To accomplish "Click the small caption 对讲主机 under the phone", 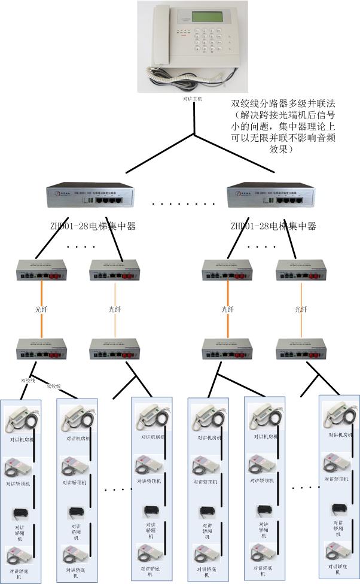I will (x=194, y=97).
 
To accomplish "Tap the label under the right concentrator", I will (x=273, y=226).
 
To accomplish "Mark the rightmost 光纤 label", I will (x=300, y=309).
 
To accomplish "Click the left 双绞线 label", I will (x=28, y=379).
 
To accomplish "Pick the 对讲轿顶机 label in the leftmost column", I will (x=20, y=483).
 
